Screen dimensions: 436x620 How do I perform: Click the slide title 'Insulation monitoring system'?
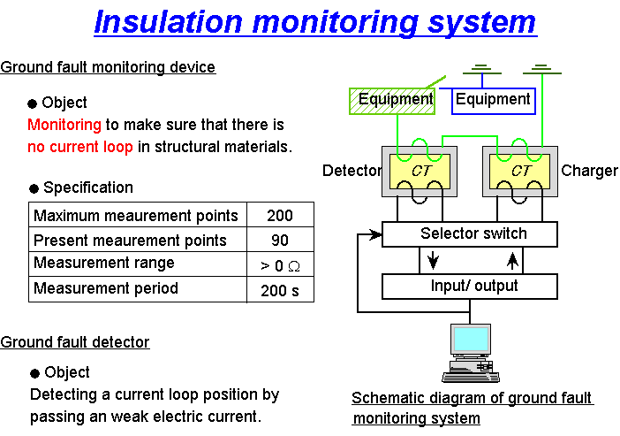(x=315, y=21)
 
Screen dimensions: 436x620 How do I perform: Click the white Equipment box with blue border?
(x=493, y=100)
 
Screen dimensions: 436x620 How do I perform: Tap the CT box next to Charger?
(x=520, y=170)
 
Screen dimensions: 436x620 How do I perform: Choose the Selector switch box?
(x=470, y=234)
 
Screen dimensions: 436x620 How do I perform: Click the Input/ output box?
(x=470, y=287)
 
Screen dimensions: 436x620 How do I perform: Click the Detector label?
(x=351, y=170)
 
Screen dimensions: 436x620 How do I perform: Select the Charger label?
(x=589, y=170)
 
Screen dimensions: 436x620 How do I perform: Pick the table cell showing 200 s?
(x=278, y=290)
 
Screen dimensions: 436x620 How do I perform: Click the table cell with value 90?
(x=278, y=241)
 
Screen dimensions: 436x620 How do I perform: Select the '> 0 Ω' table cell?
(x=278, y=265)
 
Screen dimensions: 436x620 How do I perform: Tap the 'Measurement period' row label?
(x=106, y=289)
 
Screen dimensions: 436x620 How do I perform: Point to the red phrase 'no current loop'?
(x=79, y=146)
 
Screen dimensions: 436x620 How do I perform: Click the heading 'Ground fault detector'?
(x=75, y=341)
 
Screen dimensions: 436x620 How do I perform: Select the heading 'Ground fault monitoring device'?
(x=108, y=67)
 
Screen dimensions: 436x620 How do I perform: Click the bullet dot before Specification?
(x=34, y=188)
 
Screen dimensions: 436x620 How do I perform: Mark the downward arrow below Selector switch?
(x=432, y=260)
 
